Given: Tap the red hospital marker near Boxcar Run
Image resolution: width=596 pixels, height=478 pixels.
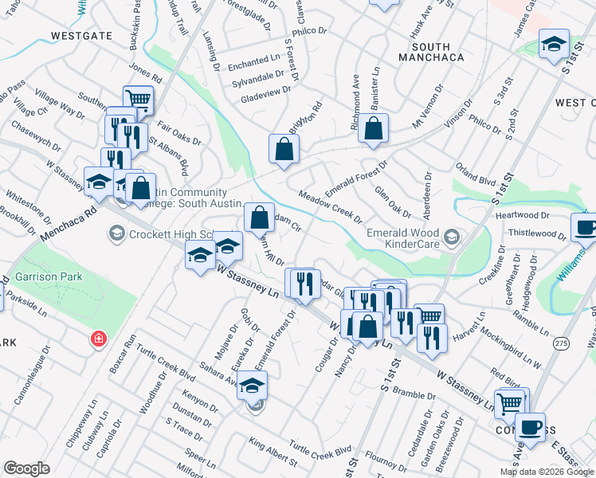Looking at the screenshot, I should coord(98,339).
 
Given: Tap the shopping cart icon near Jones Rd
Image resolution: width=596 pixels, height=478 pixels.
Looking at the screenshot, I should coord(139,100).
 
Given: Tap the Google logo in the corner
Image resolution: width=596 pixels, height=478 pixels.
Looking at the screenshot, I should coord(26,468).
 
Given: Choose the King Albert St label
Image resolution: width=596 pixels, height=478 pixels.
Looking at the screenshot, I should coord(272,451).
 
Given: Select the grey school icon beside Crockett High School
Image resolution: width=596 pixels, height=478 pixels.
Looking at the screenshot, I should coord(117,233).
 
